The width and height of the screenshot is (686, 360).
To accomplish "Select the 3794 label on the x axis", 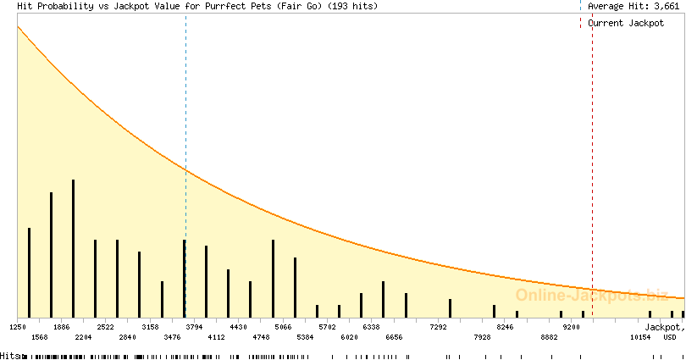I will click(194, 326).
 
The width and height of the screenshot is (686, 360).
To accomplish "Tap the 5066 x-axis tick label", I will click(282, 326).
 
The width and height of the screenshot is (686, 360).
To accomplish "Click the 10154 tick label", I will click(640, 337).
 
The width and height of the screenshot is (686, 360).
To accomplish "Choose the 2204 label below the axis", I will click(83, 337).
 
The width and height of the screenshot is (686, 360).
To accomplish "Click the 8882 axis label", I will click(549, 337).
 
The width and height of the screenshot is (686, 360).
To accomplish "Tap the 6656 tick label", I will click(393, 337).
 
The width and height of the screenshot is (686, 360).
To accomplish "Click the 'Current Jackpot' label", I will click(627, 23).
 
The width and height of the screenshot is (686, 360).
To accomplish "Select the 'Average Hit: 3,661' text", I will click(633, 6).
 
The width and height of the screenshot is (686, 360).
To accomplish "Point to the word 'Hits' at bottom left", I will click(9, 356).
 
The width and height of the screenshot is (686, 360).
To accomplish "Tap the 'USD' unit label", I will click(670, 337).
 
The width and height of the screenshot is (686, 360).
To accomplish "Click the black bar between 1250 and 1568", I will click(29, 272).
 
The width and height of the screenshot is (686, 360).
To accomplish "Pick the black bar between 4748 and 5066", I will click(273, 278).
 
